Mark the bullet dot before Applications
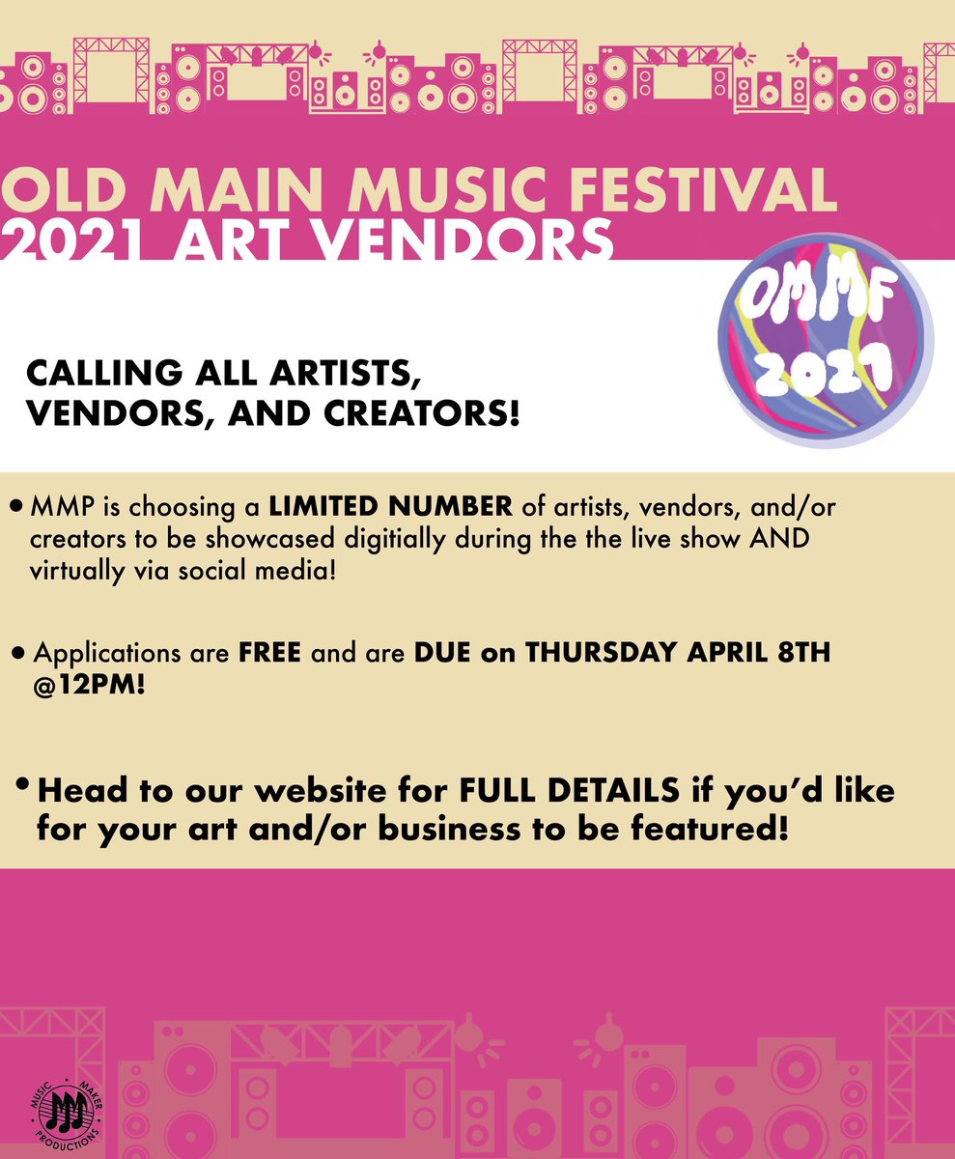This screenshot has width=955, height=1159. click(x=18, y=654)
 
